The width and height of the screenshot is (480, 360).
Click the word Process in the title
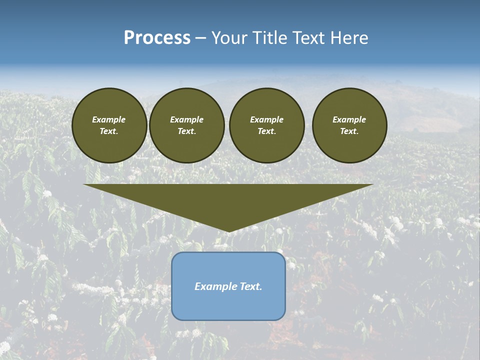click(157, 38)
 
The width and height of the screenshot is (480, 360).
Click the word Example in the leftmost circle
click(109, 119)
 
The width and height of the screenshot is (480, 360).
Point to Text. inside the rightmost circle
click(349, 131)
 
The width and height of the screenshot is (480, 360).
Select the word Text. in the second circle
click(187, 131)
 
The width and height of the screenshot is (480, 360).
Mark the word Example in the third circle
click(266, 119)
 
